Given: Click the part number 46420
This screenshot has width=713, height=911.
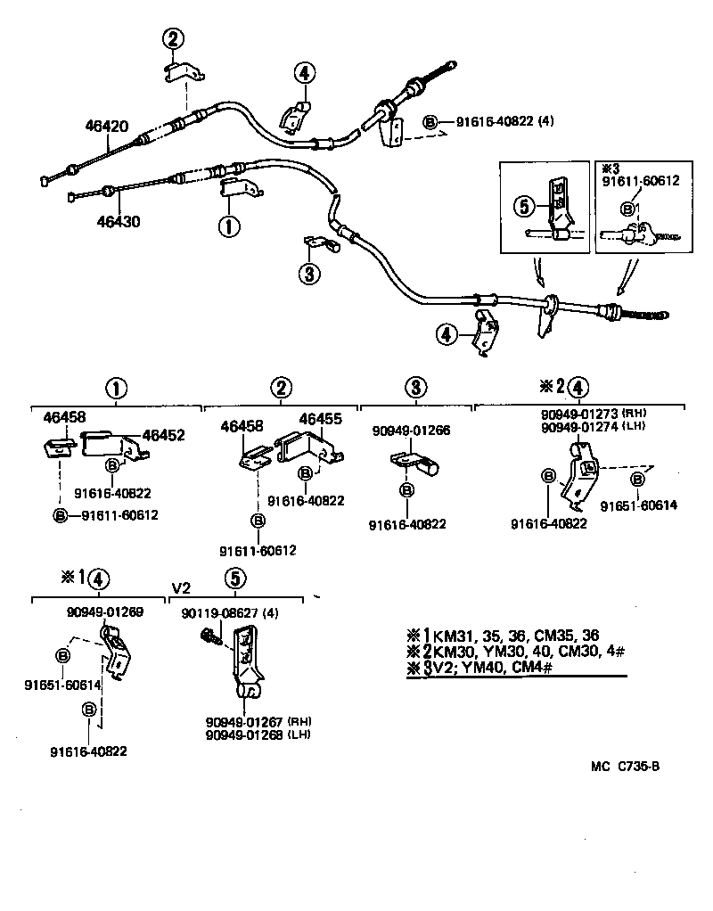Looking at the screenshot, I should point(102,127).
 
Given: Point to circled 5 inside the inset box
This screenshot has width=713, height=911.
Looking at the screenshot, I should point(525,206).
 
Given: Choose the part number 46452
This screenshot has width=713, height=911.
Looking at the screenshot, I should point(164,435).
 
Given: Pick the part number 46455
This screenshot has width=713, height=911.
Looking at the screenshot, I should point(321,418).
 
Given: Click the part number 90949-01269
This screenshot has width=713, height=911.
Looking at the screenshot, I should point(104,612).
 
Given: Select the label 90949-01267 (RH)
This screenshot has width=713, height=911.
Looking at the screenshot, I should point(259,721).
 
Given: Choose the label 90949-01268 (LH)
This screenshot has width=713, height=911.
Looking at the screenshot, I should point(259,735).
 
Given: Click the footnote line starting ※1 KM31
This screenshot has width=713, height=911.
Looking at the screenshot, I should point(503,636).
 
